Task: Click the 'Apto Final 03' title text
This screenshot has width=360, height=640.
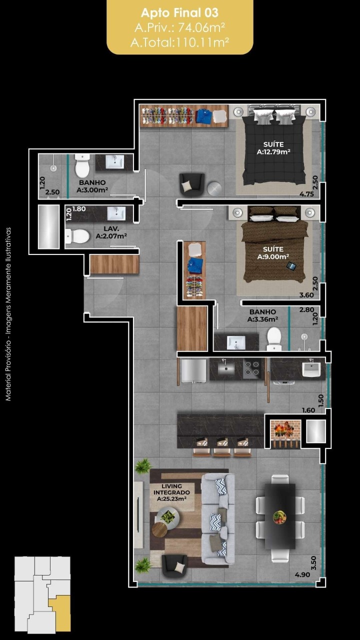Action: [179, 12]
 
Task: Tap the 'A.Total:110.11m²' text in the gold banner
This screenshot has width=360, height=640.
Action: [179, 42]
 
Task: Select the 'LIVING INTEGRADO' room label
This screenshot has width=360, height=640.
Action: [171, 489]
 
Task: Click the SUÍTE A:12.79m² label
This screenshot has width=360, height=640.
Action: [273, 148]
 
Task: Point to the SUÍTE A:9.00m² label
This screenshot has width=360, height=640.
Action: [273, 253]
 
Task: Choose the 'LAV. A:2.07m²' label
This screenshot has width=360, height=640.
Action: [111, 232]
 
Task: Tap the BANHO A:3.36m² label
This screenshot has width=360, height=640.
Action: [262, 315]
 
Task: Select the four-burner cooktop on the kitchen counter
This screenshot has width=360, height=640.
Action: [251, 368]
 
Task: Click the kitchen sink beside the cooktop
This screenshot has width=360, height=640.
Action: [225, 368]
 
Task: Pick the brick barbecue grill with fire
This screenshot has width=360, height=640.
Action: [285, 431]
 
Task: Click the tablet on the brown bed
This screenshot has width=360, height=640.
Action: [291, 265]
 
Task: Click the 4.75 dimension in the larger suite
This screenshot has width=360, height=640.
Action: [306, 194]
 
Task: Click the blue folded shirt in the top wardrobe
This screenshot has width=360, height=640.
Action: [204, 116]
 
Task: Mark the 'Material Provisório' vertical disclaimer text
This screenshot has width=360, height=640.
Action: [8, 314]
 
